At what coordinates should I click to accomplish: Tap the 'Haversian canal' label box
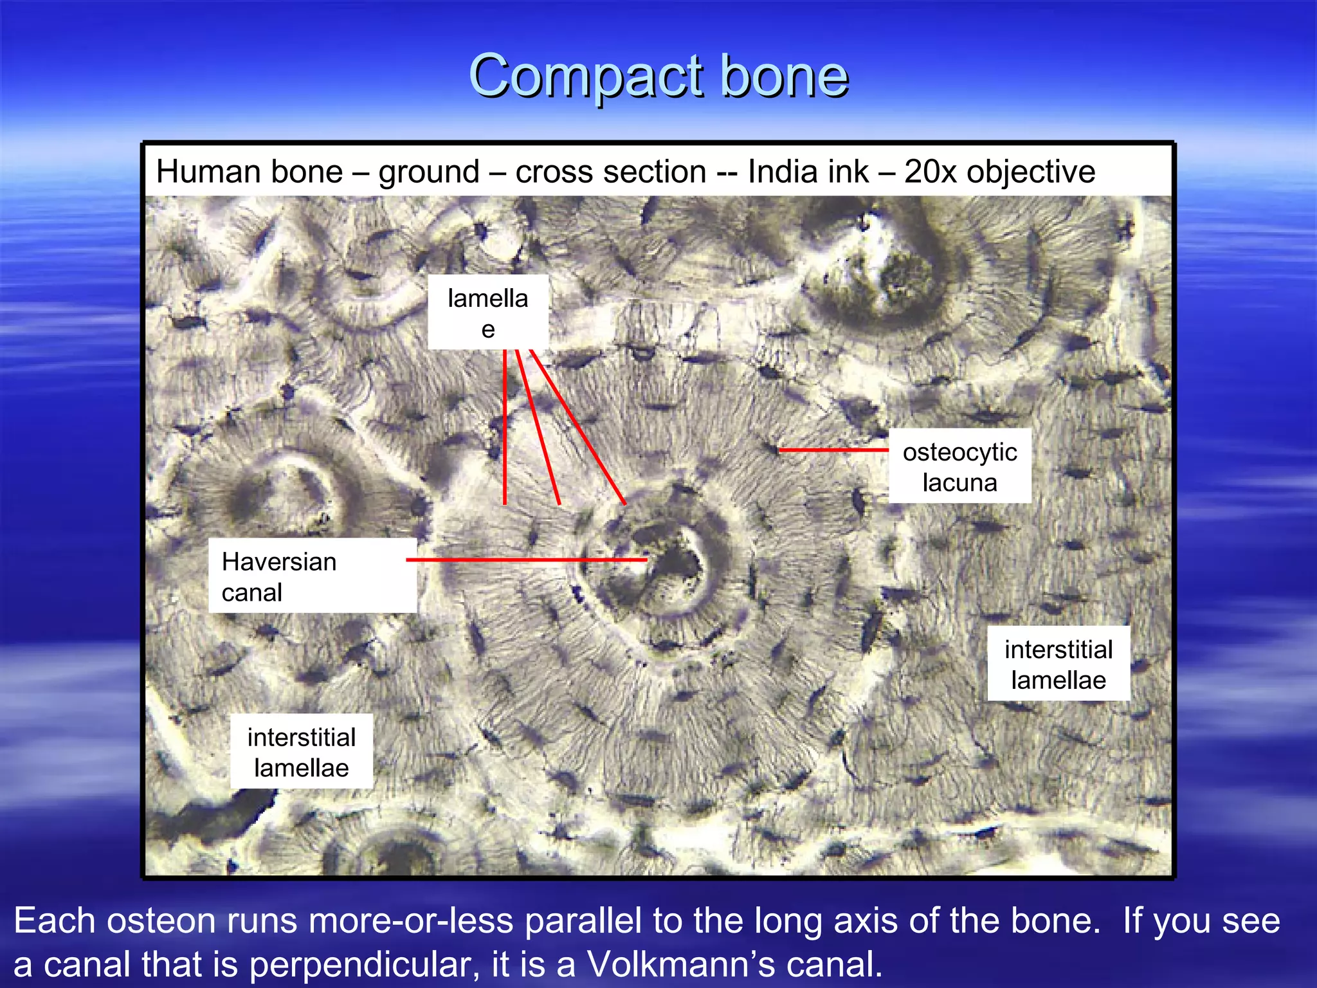pyautogui.click(x=313, y=576)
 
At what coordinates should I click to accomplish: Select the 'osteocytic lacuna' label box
pyautogui.click(x=959, y=466)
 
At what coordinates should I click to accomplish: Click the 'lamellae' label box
pyautogui.click(x=488, y=313)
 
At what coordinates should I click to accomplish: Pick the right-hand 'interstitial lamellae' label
pyautogui.click(x=1058, y=664)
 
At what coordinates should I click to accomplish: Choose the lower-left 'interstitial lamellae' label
pyautogui.click(x=302, y=751)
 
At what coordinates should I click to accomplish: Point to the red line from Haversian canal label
pyautogui.click(x=527, y=560)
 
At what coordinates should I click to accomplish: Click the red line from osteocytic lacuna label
pyautogui.click(x=833, y=450)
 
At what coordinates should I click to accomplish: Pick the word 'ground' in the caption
pyautogui.click(x=429, y=172)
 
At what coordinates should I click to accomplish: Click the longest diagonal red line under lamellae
pyautogui.click(x=577, y=427)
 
